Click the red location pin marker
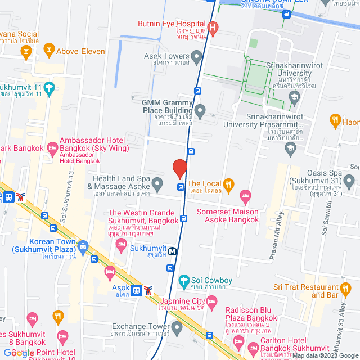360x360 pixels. click(x=179, y=168)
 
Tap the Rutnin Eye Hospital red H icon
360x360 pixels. click(x=213, y=27)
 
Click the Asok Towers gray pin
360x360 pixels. click(x=196, y=56)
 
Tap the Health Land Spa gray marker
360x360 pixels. click(x=158, y=183)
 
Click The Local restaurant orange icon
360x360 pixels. click(x=228, y=183)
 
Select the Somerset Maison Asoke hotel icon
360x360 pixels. click(x=245, y=196)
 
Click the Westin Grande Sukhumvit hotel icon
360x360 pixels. click(x=120, y=244)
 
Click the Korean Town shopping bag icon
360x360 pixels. click(x=83, y=246)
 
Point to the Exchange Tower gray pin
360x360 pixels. click(x=177, y=327)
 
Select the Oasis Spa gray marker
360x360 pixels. click(x=349, y=181)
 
